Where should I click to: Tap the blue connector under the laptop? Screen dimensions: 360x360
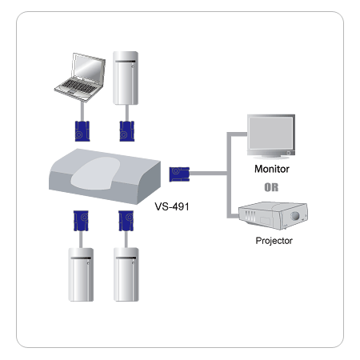[x=80, y=129]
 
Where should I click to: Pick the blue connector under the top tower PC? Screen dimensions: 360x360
[x=126, y=129]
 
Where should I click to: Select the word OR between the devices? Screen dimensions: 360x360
[x=271, y=189]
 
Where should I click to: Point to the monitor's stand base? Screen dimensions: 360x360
[x=272, y=158]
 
